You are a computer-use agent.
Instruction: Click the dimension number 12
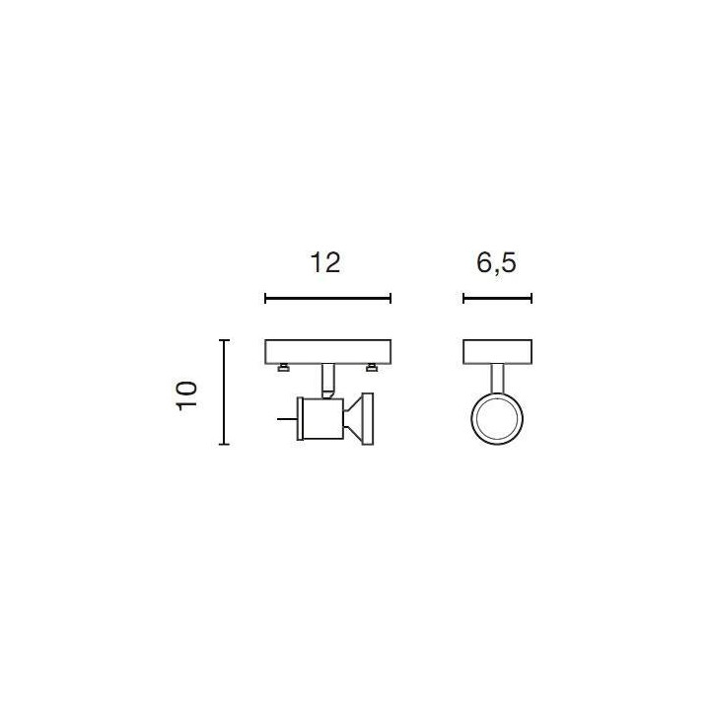point(325,263)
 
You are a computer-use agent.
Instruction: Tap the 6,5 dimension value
point(496,264)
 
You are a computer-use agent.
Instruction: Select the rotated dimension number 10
point(186,395)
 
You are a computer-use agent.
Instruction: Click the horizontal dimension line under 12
point(327,299)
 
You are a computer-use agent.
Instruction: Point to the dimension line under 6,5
point(497,299)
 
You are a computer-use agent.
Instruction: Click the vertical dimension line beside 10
point(224,392)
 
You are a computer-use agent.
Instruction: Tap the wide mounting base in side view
point(327,352)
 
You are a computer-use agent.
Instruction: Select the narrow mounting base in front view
point(497,352)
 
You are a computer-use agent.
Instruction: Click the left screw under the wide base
point(284,368)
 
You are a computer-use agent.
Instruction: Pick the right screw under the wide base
point(372,368)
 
